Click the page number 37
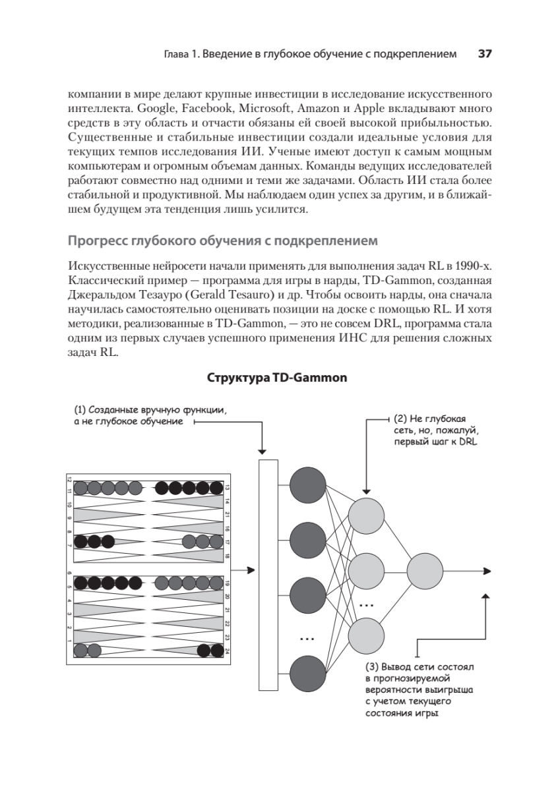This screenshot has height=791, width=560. tap(485, 54)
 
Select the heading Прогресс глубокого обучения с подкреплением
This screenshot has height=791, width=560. tap(223, 241)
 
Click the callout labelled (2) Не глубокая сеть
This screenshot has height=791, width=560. tap(435, 430)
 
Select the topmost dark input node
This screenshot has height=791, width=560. tap(308, 486)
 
